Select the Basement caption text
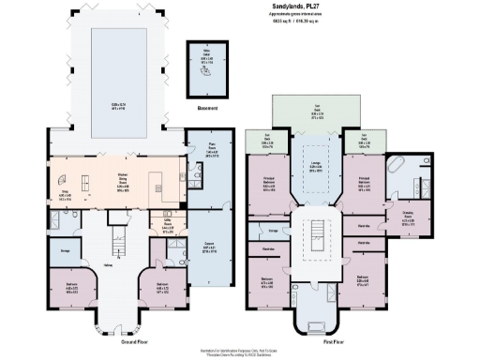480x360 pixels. tap(209, 108)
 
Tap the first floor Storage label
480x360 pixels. tap(273, 229)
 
